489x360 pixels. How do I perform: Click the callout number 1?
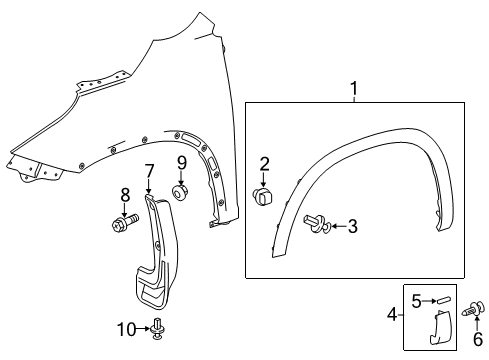[x=352, y=91]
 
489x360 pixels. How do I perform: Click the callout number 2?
[x=265, y=163]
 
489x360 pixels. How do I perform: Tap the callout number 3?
[x=351, y=227]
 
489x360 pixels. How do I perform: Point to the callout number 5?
[x=415, y=297]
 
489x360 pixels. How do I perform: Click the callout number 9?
[x=182, y=163]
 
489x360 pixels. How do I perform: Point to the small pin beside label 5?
[x=442, y=297]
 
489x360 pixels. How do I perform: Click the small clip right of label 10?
[x=158, y=326]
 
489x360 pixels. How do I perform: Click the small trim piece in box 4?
[x=440, y=327]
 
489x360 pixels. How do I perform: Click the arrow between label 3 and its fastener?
[x=335, y=227]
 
